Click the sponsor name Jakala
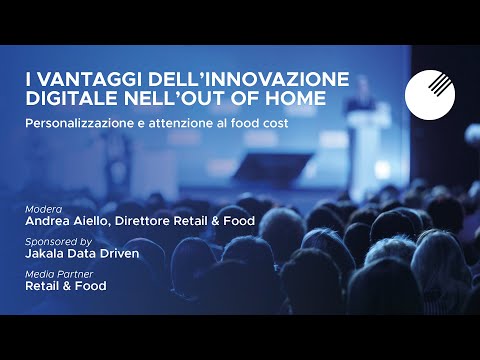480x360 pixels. (x=47, y=255)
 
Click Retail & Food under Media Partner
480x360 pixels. (x=66, y=286)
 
